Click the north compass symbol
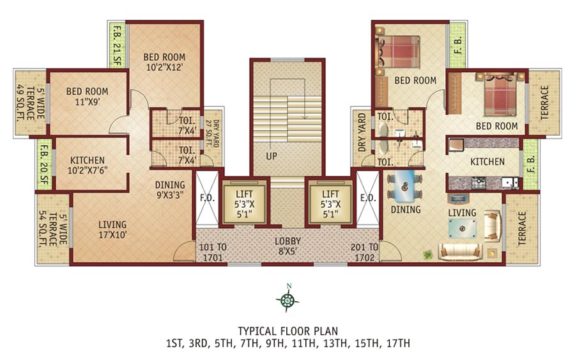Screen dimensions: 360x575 point(288,299)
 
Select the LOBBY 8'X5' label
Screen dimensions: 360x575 point(288,247)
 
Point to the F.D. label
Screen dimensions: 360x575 point(206,198)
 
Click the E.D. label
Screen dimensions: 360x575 point(367,198)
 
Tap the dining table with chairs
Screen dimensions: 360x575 point(405,185)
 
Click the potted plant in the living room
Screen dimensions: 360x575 point(427,255)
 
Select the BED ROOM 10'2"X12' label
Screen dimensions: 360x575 point(164,63)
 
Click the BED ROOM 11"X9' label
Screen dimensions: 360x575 point(87,97)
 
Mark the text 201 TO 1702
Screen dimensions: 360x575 point(365,252)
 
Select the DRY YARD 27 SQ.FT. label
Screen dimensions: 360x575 point(211,132)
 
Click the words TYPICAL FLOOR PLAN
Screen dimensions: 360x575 point(288,331)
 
